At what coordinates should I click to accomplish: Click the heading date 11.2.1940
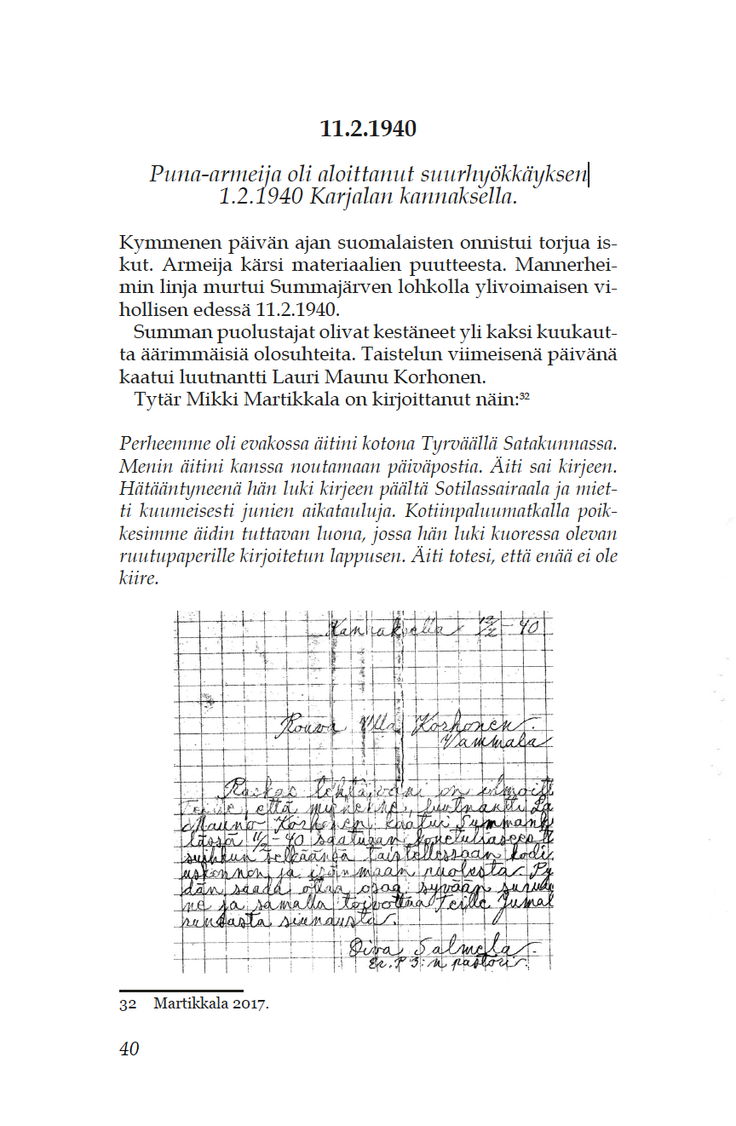point(368,129)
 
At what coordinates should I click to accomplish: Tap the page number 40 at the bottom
point(129,1048)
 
